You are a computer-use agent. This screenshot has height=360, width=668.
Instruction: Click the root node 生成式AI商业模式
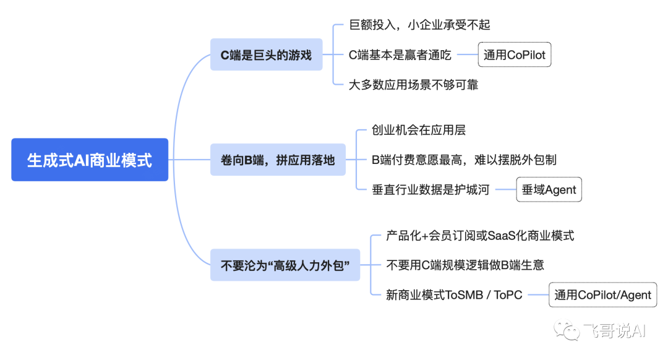click(x=90, y=160)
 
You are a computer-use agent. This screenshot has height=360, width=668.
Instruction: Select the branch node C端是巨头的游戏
click(x=267, y=55)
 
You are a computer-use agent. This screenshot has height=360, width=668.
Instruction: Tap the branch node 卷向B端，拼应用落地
click(x=278, y=160)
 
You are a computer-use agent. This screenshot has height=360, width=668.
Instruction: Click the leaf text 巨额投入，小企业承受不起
click(x=419, y=25)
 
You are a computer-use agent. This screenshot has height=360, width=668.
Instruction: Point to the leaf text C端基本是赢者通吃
click(x=400, y=55)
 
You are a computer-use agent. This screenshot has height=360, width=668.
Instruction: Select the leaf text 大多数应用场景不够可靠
click(x=413, y=85)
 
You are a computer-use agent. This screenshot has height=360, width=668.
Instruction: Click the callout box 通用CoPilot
click(x=515, y=55)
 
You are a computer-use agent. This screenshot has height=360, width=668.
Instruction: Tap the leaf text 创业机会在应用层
click(x=419, y=130)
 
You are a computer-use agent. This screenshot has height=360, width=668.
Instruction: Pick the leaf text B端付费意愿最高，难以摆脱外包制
click(x=464, y=160)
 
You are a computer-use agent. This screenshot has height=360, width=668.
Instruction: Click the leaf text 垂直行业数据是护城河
click(x=430, y=190)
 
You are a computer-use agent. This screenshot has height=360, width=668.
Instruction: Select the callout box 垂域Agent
click(x=549, y=190)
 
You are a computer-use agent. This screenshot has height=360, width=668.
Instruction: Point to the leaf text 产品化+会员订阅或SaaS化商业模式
click(x=480, y=235)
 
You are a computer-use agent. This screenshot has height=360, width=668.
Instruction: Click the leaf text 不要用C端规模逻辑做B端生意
click(x=465, y=265)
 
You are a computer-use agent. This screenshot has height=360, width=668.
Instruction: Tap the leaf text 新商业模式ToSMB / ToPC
click(x=454, y=295)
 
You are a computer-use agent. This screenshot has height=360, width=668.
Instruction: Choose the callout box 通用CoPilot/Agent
click(x=603, y=295)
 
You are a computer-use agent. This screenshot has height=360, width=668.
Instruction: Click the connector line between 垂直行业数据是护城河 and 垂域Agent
click(x=503, y=190)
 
